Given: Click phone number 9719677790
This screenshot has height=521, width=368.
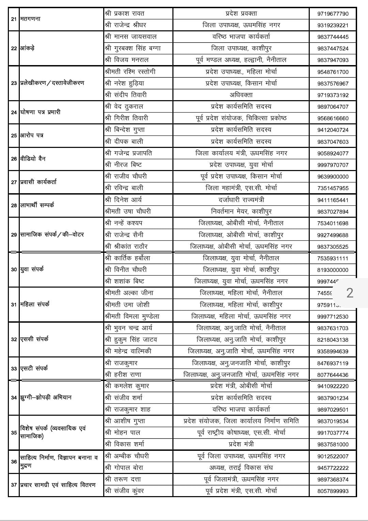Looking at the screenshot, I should (x=333, y=14).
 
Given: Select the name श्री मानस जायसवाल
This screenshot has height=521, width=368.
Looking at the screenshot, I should (x=131, y=36).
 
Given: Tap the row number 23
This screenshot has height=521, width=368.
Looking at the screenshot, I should (x=14, y=83).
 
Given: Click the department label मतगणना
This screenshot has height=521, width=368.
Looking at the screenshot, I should (x=30, y=19).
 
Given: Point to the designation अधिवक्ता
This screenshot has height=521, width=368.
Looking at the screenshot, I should (x=241, y=95).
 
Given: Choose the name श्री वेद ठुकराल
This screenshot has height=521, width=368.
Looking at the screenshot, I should (x=124, y=106).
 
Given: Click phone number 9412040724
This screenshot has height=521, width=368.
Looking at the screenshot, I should (x=333, y=130).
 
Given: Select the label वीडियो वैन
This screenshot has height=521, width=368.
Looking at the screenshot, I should (x=33, y=158).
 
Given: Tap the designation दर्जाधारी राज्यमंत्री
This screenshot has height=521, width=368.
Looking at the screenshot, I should (x=241, y=200).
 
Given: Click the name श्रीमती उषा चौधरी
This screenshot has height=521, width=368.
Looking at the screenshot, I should (x=128, y=211).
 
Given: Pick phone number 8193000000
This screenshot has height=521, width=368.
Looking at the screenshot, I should (x=333, y=270).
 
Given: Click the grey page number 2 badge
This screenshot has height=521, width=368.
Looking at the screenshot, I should (x=350, y=293).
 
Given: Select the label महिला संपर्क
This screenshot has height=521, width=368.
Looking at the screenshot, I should (x=35, y=304).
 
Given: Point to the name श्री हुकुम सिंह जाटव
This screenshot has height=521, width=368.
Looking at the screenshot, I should (x=131, y=339).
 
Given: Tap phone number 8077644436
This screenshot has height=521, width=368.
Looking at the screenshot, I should (x=333, y=375).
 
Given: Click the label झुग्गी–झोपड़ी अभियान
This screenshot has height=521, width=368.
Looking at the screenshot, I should (x=46, y=397).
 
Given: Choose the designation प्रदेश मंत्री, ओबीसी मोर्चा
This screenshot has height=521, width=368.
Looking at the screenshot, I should (x=241, y=386).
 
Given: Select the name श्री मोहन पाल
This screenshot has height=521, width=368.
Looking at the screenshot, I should (x=123, y=432).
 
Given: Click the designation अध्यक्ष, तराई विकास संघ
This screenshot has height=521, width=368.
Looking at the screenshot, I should (x=241, y=468).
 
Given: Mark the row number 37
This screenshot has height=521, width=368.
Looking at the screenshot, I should (x=14, y=485).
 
